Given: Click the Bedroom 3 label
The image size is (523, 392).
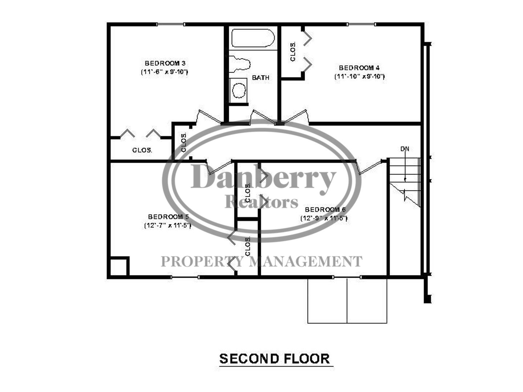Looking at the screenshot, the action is (165, 63).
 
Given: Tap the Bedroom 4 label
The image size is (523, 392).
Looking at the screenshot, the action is (359, 68).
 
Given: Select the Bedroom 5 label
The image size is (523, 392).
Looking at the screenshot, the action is (168, 217).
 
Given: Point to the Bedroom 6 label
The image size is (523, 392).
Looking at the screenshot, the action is (325, 210).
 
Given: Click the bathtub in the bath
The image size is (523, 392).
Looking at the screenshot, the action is (253, 38).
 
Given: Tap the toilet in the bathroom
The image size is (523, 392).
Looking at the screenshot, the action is (239, 64).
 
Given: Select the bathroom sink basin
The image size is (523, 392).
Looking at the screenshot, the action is (239, 90).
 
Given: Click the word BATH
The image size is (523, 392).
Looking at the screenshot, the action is (261, 78).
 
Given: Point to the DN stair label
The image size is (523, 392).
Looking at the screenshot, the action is (405, 149).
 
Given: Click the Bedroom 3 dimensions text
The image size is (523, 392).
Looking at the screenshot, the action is (165, 72).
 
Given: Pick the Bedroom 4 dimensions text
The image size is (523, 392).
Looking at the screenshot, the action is (360, 76).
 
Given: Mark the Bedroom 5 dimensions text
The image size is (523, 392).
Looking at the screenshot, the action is (168, 225).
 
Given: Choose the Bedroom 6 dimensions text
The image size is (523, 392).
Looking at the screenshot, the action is (324, 218).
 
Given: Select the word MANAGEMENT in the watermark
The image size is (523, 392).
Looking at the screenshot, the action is (307, 261).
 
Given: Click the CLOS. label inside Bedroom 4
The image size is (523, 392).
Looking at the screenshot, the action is (293, 52).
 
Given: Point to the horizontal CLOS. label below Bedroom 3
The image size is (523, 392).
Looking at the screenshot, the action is (142, 150).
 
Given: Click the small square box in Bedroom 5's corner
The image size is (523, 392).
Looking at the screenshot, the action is (120, 266).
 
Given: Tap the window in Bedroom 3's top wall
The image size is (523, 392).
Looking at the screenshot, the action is (171, 24).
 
